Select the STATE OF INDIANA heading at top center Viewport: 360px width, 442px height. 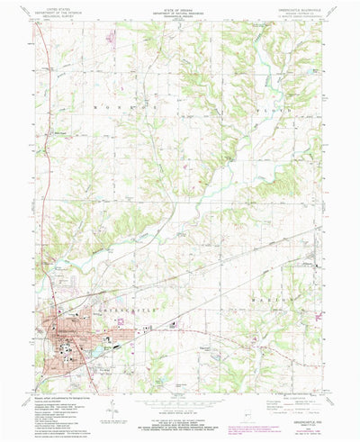coord(180,10)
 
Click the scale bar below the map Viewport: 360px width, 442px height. coord(180,410)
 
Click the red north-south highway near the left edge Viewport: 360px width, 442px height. coord(40,180)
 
